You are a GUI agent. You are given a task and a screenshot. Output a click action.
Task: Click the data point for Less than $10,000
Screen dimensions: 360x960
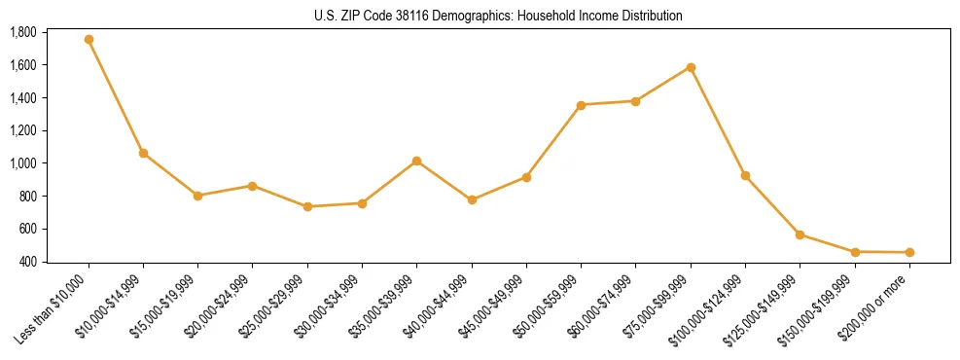[89, 40]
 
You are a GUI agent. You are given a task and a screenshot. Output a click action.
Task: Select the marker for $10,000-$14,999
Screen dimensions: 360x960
[143, 153]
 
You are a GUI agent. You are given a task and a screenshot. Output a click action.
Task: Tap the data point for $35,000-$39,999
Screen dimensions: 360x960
[416, 161]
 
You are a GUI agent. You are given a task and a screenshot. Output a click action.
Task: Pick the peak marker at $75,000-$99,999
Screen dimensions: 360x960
[691, 67]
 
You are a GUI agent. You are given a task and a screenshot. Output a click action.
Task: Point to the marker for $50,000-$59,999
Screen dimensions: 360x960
[581, 105]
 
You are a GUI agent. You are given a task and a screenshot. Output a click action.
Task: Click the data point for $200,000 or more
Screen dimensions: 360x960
[909, 253]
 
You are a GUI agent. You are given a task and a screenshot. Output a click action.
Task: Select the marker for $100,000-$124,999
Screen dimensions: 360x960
[745, 176]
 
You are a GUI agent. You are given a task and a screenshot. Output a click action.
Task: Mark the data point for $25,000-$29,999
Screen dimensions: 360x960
[307, 206]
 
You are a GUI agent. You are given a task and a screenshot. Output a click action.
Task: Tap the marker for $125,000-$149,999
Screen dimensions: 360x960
[800, 234]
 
